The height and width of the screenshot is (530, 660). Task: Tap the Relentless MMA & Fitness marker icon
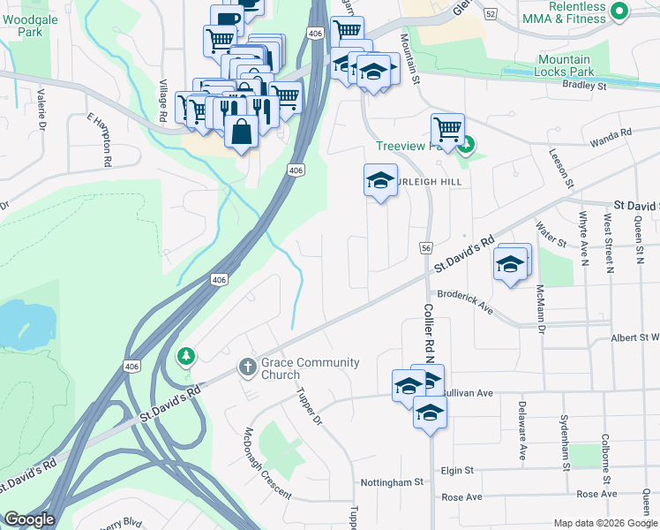click(619, 11)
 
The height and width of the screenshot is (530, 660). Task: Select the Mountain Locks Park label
click(565, 65)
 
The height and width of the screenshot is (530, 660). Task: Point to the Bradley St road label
click(584, 87)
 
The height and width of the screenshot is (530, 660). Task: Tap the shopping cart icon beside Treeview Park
click(448, 129)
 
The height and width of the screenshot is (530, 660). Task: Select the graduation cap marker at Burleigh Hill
click(380, 180)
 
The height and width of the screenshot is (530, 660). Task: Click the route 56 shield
click(426, 250)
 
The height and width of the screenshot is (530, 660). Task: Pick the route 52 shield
click(490, 12)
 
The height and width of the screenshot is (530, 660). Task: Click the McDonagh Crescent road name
click(267, 464)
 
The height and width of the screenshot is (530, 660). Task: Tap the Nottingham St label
click(393, 483)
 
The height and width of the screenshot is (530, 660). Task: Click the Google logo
click(29, 519)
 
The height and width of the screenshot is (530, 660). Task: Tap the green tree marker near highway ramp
click(186, 355)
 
